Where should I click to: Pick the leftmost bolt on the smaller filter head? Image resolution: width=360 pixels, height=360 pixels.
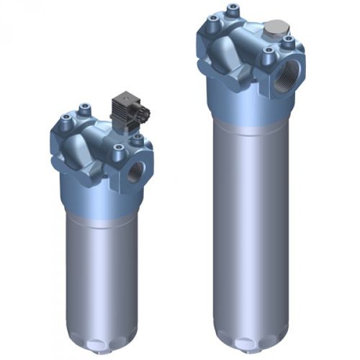[x=66, y=118]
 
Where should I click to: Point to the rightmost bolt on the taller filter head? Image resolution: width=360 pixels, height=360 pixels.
[x=288, y=41]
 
